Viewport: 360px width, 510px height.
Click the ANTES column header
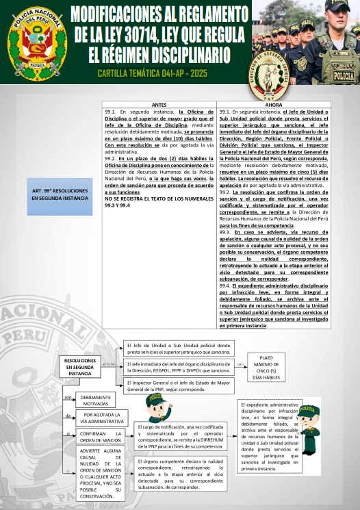tap(159, 104)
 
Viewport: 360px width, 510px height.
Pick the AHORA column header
tap(272, 104)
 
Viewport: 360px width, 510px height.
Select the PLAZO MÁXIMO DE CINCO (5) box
tap(266, 367)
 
